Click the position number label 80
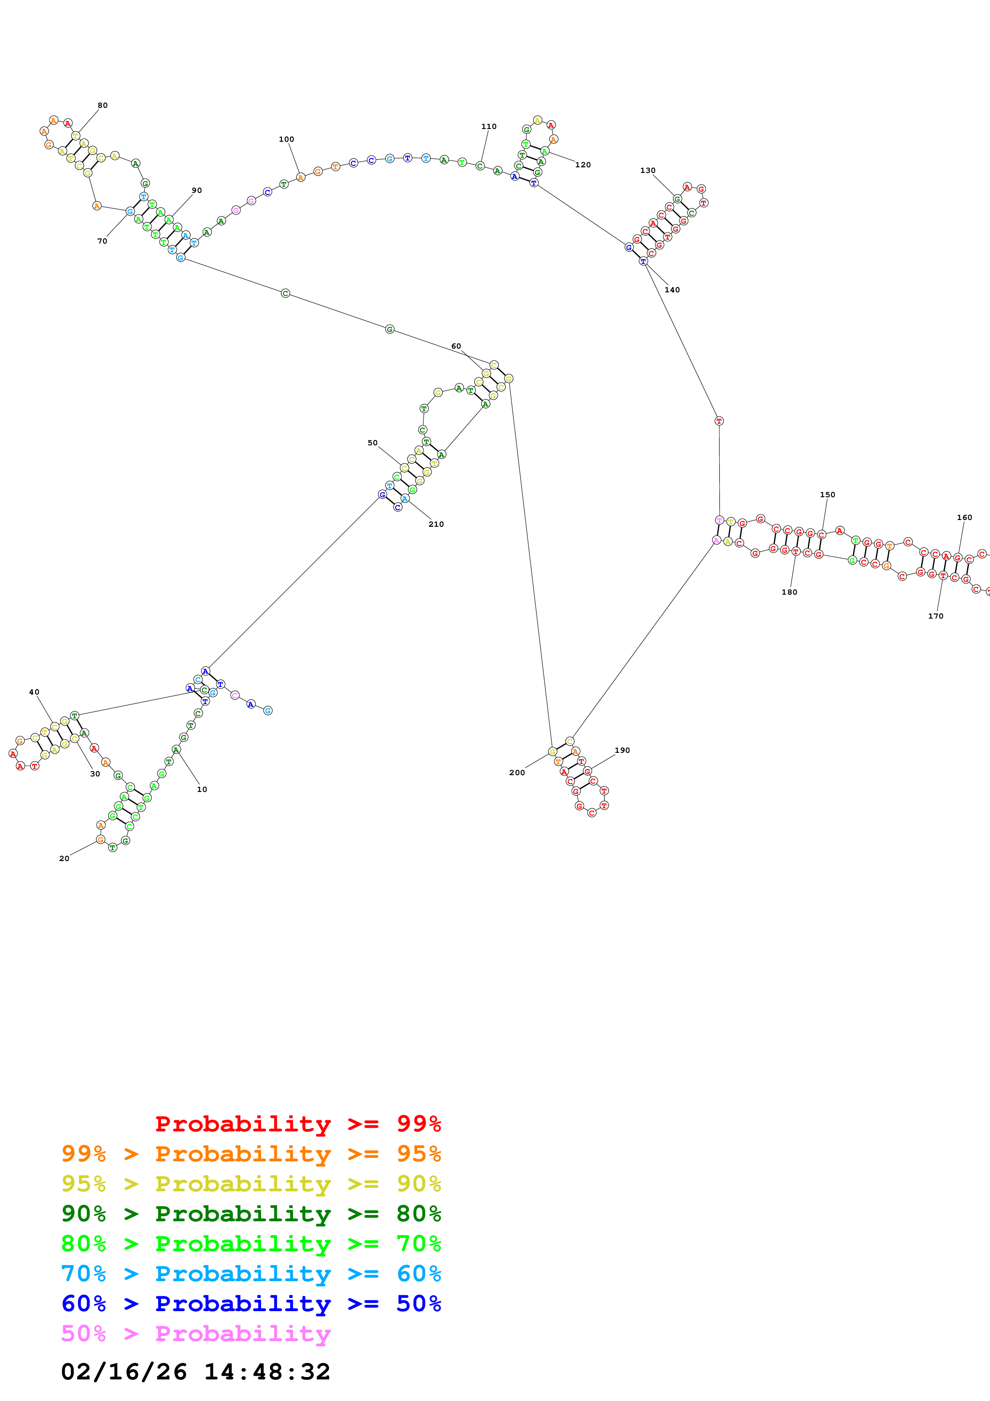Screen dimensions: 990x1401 [x=103, y=105]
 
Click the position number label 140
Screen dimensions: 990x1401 [x=672, y=290]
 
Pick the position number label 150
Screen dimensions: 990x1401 [x=827, y=494]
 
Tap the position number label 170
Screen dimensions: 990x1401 [x=936, y=616]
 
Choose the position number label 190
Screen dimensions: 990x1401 [x=622, y=750]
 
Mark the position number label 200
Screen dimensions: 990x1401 [x=517, y=772]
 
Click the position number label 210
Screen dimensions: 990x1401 [x=436, y=524]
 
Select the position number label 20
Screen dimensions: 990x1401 [x=64, y=859]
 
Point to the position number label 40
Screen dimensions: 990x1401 [x=34, y=692]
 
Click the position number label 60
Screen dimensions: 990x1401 [x=456, y=346]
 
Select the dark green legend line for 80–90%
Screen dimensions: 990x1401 [x=251, y=1214]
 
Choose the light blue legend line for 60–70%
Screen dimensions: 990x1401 [x=251, y=1274]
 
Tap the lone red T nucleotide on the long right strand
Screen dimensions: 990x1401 [x=719, y=421]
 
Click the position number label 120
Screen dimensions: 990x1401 [x=583, y=165]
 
